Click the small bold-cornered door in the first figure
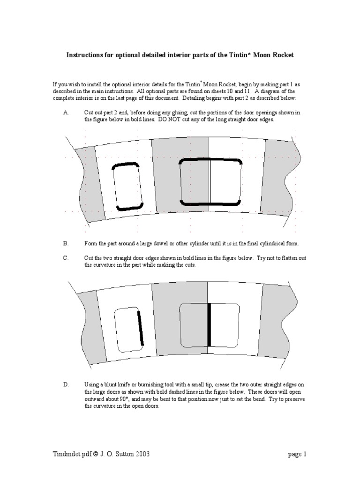pos(127,187)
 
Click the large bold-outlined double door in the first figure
pos(210,182)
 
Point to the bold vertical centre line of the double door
pos(209,325)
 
